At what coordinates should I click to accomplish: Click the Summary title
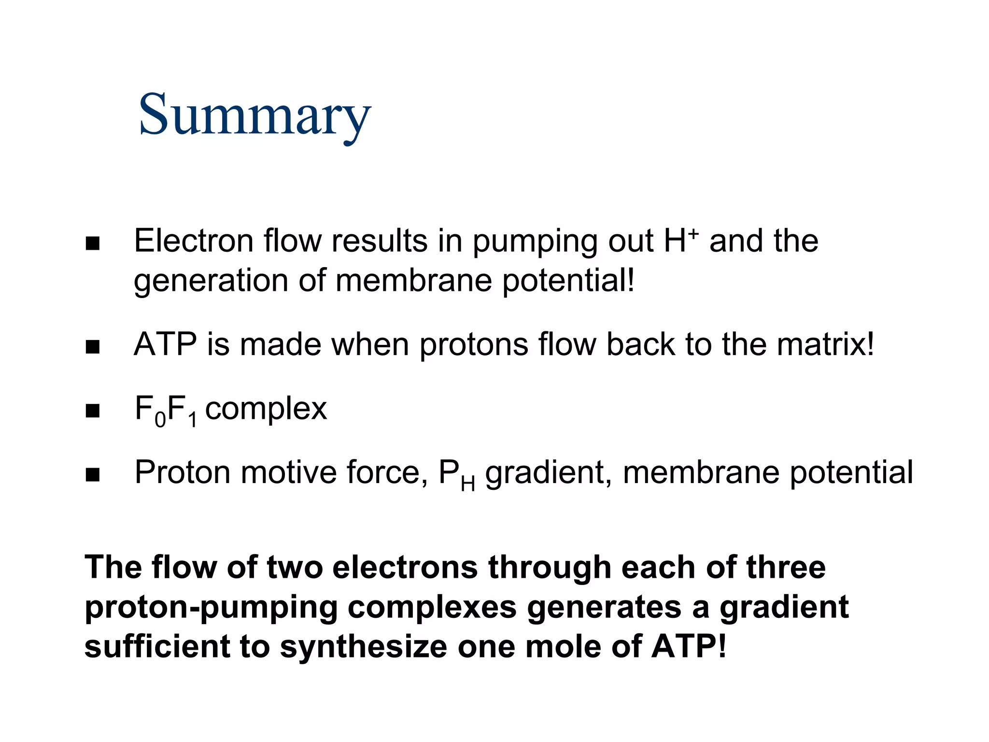pyautogui.click(x=254, y=116)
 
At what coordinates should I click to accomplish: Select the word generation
pyautogui.click(x=211, y=281)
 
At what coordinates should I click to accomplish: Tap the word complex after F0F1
pyautogui.click(x=266, y=409)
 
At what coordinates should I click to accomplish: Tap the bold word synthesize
pyautogui.click(x=364, y=647)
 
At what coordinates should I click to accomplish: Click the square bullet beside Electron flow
pyautogui.click(x=92, y=243)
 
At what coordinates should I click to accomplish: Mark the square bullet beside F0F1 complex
pyautogui.click(x=92, y=411)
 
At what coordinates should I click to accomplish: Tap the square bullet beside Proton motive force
pyautogui.click(x=92, y=475)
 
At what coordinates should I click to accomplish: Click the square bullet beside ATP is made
pyautogui.click(x=92, y=347)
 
